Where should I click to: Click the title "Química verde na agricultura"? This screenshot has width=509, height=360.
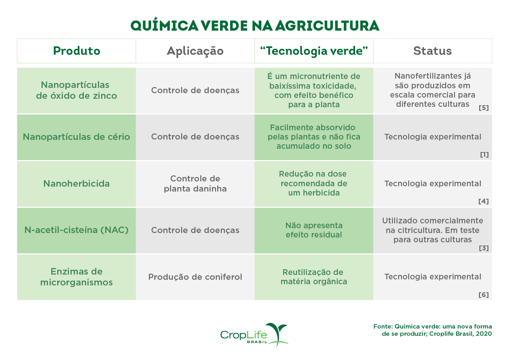click(x=255, y=26)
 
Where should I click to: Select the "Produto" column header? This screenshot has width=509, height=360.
click(x=77, y=51)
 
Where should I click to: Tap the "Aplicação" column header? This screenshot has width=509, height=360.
click(x=195, y=51)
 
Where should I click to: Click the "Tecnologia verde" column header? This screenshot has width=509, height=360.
click(x=314, y=51)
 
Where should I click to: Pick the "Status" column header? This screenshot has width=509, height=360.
click(x=432, y=51)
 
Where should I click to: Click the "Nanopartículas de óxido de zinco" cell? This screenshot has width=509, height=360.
click(x=77, y=90)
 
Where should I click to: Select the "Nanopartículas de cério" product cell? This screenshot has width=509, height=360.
click(x=77, y=137)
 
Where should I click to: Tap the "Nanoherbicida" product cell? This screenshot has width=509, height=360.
click(x=77, y=184)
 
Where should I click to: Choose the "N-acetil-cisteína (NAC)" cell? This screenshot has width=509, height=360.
click(x=77, y=230)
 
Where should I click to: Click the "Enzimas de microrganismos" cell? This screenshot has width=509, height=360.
click(x=77, y=277)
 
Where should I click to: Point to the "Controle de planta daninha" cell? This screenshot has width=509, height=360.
click(x=195, y=184)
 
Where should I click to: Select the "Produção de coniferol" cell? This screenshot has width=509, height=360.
click(x=195, y=277)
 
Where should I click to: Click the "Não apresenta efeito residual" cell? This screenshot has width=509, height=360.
click(x=314, y=230)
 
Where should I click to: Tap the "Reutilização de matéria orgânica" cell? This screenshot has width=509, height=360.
click(x=314, y=277)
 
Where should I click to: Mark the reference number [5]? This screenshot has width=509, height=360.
click(x=484, y=108)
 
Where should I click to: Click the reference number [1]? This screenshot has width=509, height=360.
click(x=484, y=154)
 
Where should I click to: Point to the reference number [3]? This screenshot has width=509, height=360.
click(x=484, y=248)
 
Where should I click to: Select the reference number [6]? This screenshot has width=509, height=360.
click(x=484, y=295)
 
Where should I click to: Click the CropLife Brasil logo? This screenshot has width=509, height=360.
click(x=255, y=334)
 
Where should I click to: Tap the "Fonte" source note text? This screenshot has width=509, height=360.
click(x=432, y=330)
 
